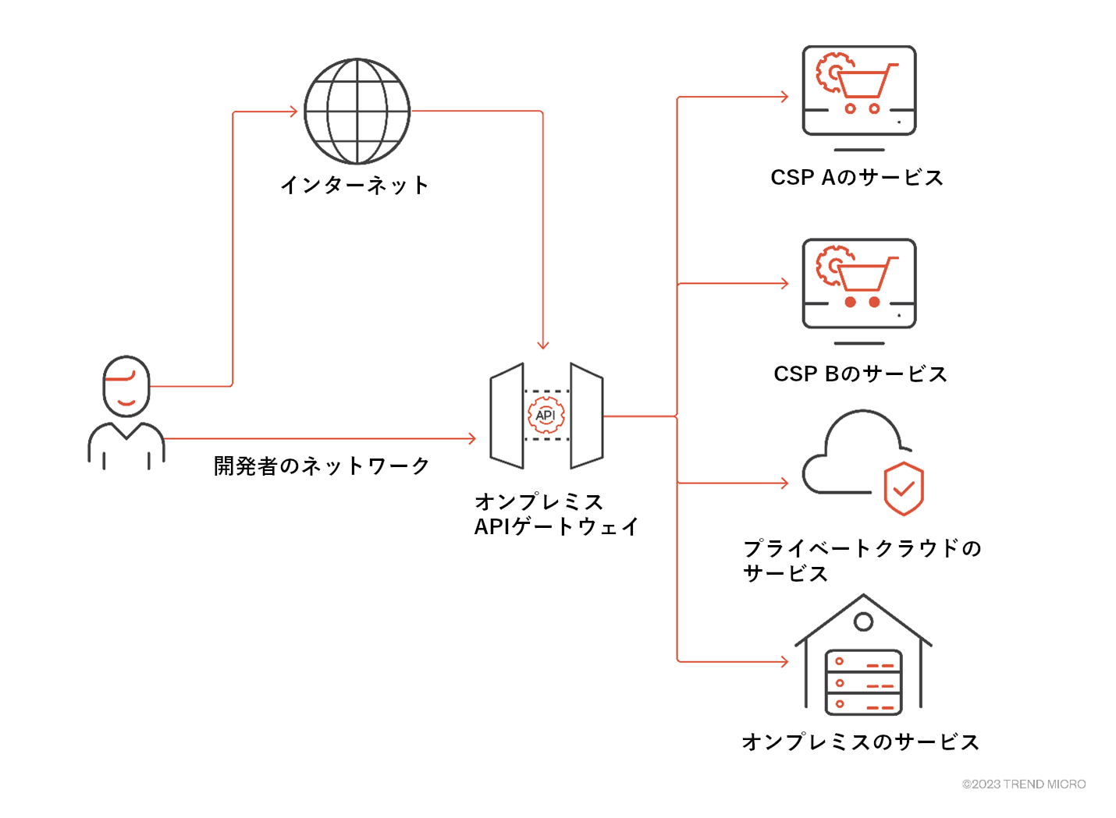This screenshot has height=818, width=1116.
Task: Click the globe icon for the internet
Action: [357, 112]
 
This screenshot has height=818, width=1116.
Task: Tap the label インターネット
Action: [355, 186]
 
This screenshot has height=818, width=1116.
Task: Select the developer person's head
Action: [126, 387]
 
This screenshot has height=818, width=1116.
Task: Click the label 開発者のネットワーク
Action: [322, 466]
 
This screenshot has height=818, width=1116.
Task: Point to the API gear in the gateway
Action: [546, 415]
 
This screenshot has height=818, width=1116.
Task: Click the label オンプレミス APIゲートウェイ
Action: [556, 515]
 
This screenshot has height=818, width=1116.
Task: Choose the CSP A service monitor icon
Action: [858, 92]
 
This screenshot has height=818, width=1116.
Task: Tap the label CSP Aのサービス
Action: [857, 178]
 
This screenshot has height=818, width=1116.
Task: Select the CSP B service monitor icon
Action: [858, 285]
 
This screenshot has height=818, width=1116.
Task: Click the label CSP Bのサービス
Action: [860, 374]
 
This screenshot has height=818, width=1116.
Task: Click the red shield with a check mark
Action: [904, 489]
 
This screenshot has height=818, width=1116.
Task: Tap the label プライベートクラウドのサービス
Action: [862, 561]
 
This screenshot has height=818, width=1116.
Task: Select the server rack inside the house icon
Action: [863, 683]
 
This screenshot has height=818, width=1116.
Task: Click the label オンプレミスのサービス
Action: [860, 742]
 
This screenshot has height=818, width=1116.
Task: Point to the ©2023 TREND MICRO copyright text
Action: [1023, 784]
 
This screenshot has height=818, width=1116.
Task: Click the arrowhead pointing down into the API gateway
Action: [543, 344]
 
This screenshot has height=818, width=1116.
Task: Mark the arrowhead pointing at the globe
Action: [293, 112]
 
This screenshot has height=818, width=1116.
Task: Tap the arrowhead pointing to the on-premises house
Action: [784, 662]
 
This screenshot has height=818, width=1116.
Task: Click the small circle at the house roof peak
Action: [863, 621]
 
